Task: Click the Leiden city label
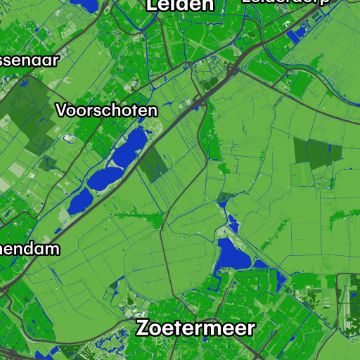[x=179, y=5]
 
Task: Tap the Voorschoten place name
[x=107, y=110]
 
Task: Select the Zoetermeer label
[x=195, y=328]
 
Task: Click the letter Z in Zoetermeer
[x=143, y=328]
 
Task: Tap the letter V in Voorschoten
[x=62, y=110]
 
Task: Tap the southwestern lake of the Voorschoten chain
[x=79, y=202]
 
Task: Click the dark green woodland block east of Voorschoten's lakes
[x=153, y=166]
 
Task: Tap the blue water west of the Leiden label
[x=86, y=5]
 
